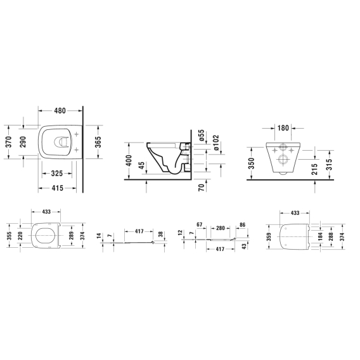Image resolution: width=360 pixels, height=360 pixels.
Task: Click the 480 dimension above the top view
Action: coord(60,111)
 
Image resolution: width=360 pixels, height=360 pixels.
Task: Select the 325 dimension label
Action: coord(56,173)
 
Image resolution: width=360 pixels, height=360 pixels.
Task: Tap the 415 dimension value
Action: coord(57,188)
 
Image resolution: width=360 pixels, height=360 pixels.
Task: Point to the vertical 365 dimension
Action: coord(98,142)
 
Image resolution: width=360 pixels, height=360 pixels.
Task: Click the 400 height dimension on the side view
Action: coord(129,161)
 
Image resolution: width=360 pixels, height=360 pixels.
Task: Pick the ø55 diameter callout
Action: coord(201,135)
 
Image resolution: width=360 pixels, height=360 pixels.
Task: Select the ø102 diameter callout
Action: coord(216,143)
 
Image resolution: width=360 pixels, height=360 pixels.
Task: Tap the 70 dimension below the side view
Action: coord(202,188)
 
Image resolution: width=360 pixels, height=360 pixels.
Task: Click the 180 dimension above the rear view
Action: coord(283,128)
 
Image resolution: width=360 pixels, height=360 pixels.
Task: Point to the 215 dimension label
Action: coord(315,169)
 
